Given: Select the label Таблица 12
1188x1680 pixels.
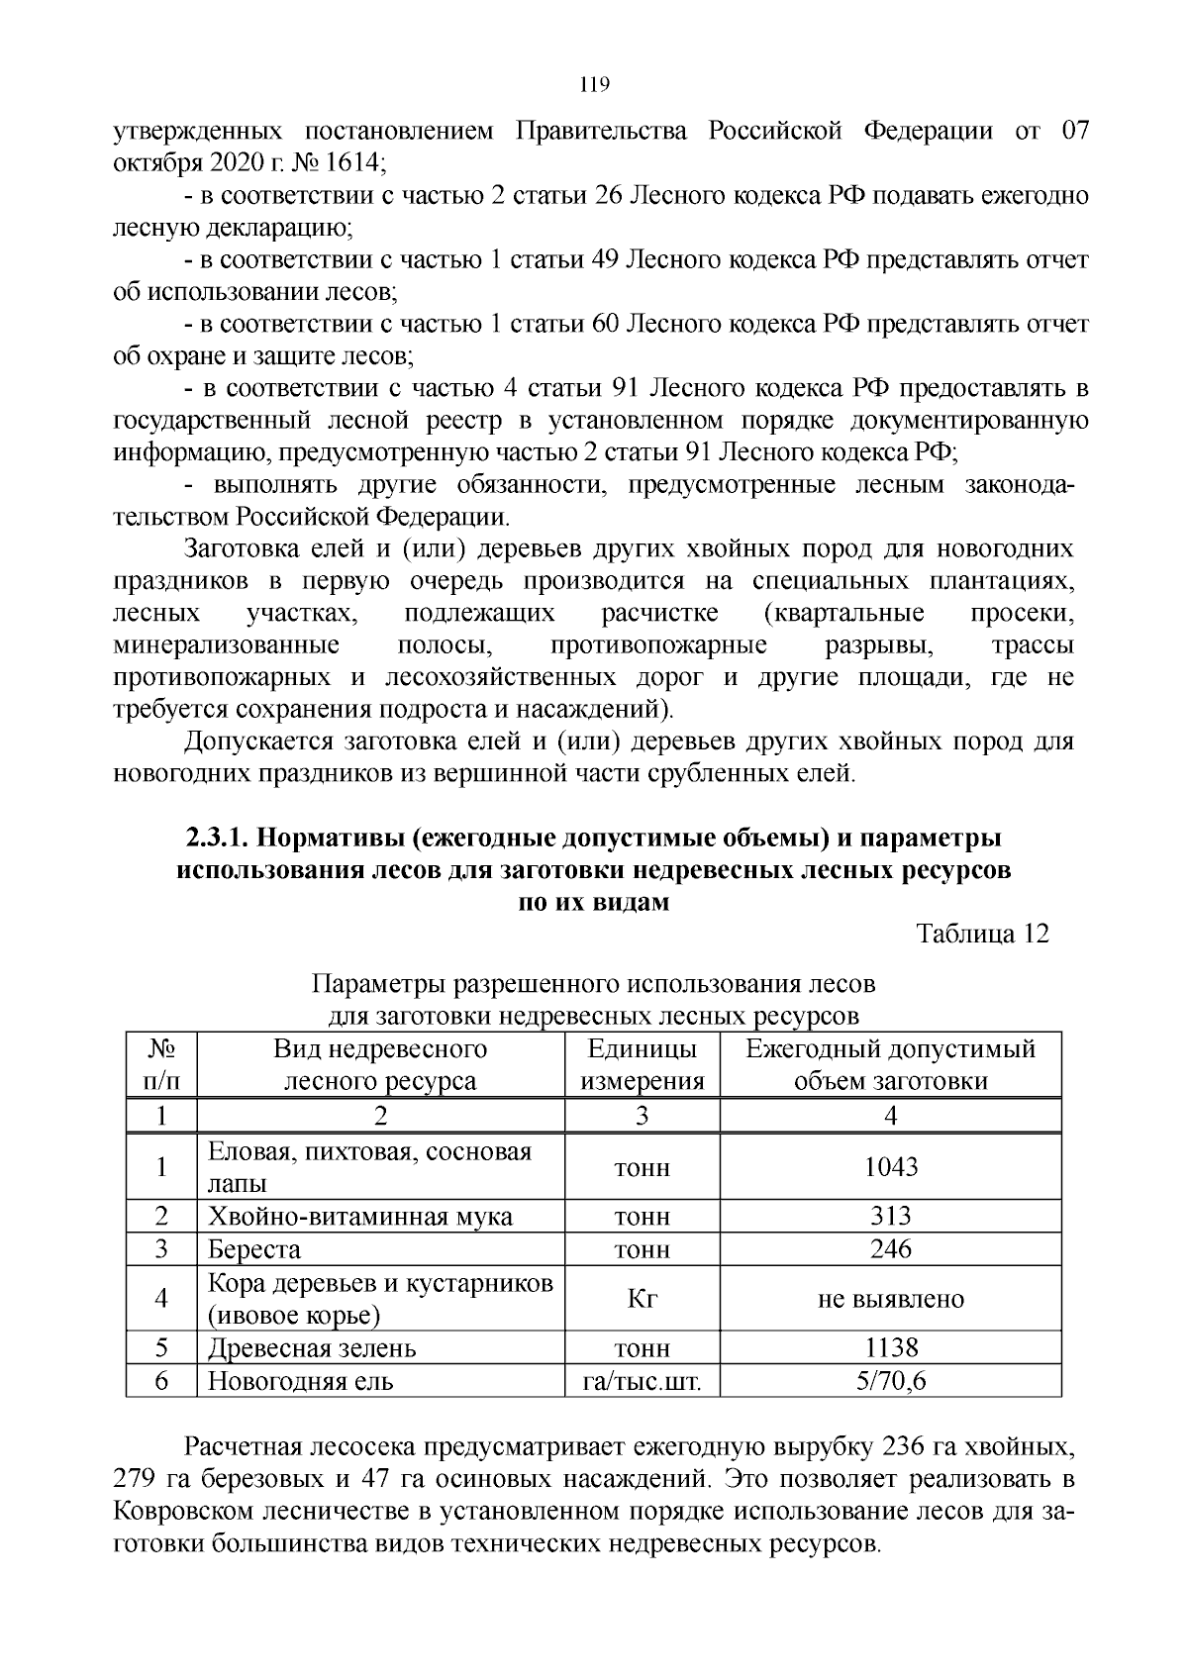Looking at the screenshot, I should [982, 934].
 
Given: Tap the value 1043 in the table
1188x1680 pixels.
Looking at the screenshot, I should [890, 1167].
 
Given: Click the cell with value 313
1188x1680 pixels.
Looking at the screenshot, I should [890, 1216].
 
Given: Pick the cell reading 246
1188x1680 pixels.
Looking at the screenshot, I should [890, 1249].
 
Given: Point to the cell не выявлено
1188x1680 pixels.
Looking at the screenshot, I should [890, 1299].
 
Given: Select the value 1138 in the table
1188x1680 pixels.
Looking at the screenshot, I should [890, 1347].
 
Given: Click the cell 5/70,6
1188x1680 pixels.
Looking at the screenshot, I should [890, 1380].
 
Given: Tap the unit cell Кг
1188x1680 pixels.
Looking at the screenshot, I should [642, 1299].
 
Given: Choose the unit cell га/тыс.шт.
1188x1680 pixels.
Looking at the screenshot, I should [642, 1380].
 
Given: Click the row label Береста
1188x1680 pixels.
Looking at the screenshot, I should [254, 1249].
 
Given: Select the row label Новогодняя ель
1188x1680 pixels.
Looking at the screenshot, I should [300, 1380].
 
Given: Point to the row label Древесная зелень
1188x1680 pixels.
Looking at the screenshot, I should [312, 1347].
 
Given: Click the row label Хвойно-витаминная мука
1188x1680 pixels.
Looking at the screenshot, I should [359, 1216].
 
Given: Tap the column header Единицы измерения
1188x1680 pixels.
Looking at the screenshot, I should [642, 1064].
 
